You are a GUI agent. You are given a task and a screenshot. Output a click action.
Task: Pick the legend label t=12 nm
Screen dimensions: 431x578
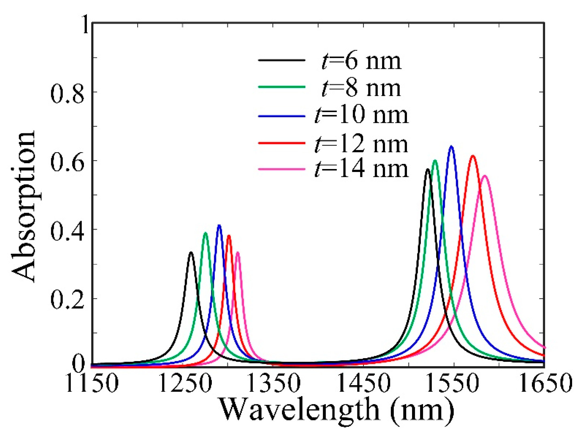[x=361, y=144]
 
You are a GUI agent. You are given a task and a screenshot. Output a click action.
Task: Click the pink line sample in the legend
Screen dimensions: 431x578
[x=281, y=169]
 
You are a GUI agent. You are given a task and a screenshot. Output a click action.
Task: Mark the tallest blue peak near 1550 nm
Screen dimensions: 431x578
[x=451, y=147]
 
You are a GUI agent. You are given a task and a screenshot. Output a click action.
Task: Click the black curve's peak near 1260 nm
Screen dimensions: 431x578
[x=191, y=253]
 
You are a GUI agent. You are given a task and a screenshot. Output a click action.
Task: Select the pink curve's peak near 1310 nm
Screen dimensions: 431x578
[x=238, y=253]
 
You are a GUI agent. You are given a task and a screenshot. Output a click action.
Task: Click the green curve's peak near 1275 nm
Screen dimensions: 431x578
[x=206, y=233]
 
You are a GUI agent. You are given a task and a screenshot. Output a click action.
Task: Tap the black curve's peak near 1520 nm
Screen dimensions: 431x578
[x=428, y=170]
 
